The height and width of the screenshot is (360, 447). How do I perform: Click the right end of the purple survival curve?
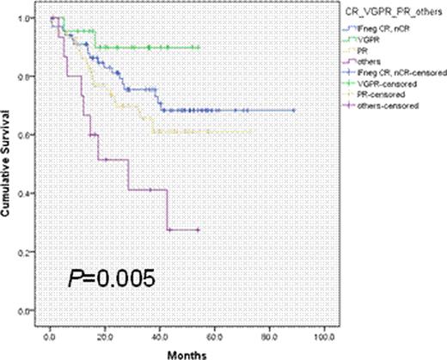click(x=199, y=229)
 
